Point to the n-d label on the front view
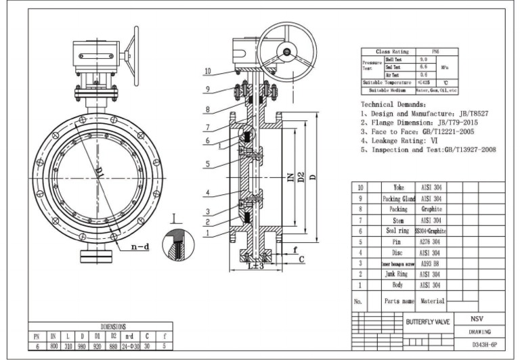coord(139,248)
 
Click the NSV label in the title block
coord(478,319)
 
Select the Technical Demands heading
coord(393,106)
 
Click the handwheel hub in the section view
coord(288,51)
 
